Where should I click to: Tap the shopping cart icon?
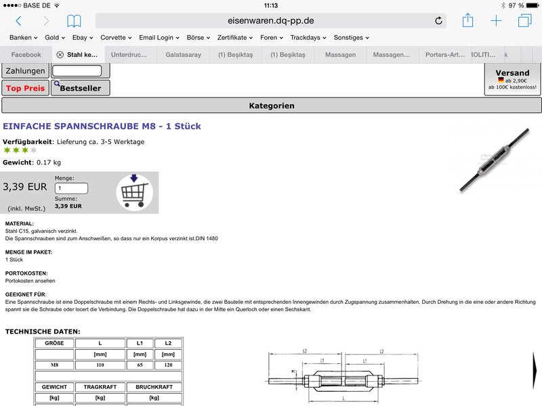pos(134,192)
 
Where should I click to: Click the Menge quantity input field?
pos(71,189)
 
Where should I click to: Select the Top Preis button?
pos(25,88)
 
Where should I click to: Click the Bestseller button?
pos(80,88)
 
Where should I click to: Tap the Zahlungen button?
pos(25,70)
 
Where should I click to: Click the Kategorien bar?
pos(271,106)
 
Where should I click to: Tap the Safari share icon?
pos(467,21)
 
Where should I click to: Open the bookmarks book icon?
pos(74,21)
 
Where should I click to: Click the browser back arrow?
pos(18,21)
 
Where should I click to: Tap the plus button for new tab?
pos(496,21)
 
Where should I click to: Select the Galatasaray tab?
pos(183,55)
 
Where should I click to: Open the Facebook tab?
pos(26,55)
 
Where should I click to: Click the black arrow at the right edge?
pos(536,369)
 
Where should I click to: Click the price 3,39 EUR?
pos(25,187)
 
